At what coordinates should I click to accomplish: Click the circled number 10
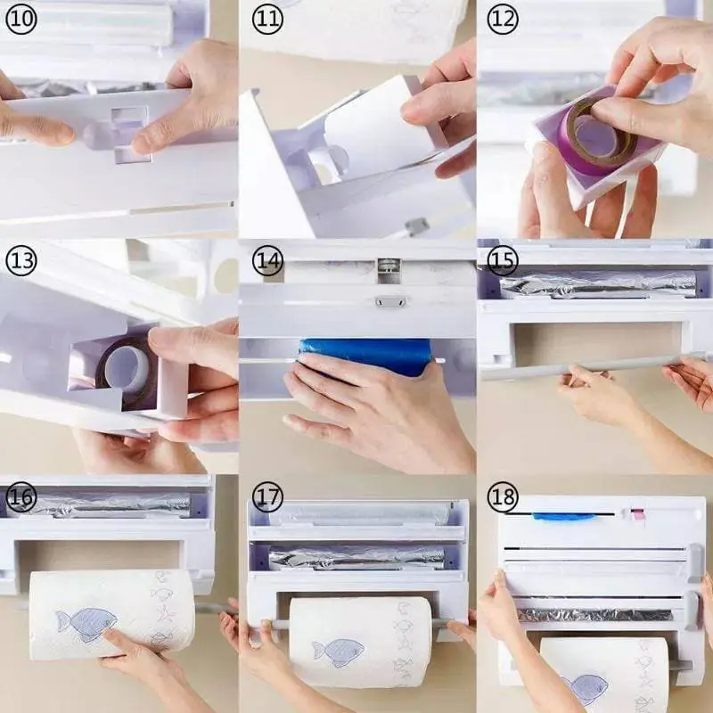[20, 19]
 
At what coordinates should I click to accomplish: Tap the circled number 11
[267, 19]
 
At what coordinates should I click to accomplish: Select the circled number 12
[503, 19]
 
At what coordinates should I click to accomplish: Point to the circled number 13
[20, 260]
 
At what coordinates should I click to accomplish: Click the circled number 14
[267, 260]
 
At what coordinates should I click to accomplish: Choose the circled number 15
[503, 260]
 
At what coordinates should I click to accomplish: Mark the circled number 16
[20, 497]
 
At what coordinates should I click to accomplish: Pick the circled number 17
[267, 497]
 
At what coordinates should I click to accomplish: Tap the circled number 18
[503, 497]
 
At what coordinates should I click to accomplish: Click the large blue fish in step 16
[86, 625]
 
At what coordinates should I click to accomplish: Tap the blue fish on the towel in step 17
[339, 652]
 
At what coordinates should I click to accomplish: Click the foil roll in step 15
[598, 285]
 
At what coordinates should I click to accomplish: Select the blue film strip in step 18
[564, 516]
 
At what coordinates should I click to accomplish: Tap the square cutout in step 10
[131, 135]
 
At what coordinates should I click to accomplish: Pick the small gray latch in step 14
[390, 301]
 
